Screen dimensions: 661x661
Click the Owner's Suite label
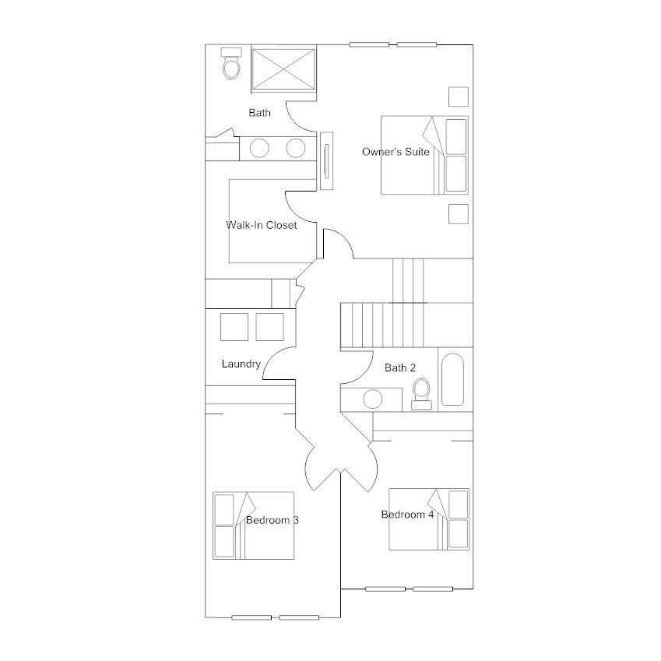pyautogui.click(x=396, y=152)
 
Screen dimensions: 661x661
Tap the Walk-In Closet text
pyautogui.click(x=262, y=225)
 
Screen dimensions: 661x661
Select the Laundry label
pyautogui.click(x=241, y=364)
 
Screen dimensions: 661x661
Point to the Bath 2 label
pyautogui.click(x=400, y=367)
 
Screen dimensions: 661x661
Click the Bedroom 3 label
pyautogui.click(x=272, y=520)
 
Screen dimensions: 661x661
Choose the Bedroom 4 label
pyautogui.click(x=407, y=515)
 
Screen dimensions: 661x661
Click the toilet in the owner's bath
pyautogui.click(x=231, y=63)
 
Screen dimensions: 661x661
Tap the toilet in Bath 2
pyautogui.click(x=421, y=394)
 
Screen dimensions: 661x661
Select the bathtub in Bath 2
pyautogui.click(x=453, y=379)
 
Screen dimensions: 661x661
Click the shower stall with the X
pyautogui.click(x=283, y=69)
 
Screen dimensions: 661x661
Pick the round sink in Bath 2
pyautogui.click(x=373, y=399)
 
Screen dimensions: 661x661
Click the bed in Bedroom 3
pyautogui.click(x=253, y=526)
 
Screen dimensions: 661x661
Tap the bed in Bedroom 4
pyautogui.click(x=429, y=519)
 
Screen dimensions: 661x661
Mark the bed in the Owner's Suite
pyautogui.click(x=424, y=155)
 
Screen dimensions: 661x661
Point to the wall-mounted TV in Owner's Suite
pyautogui.click(x=326, y=160)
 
